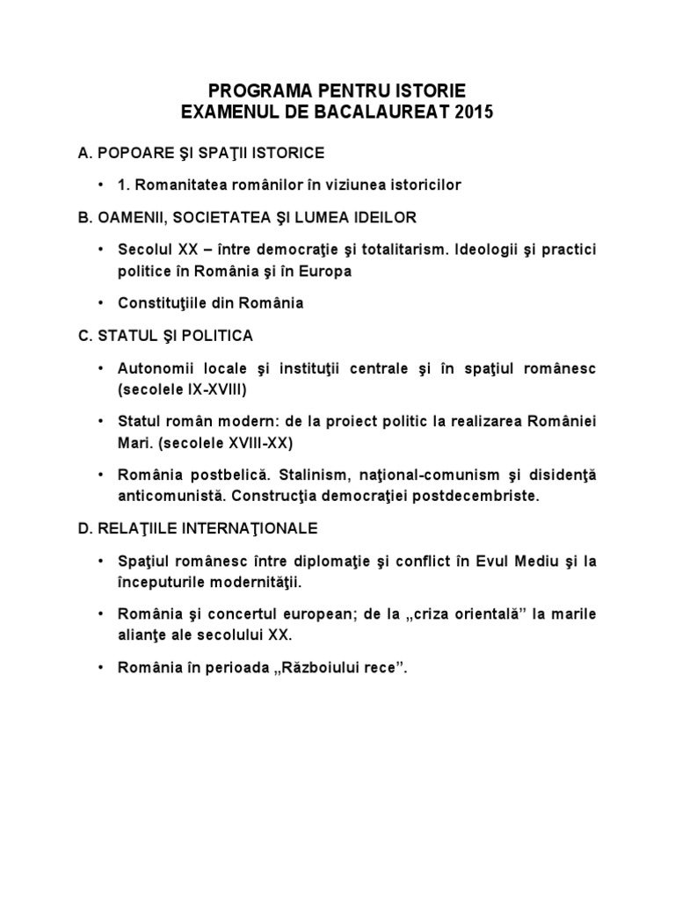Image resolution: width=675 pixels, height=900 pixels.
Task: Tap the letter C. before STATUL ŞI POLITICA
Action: (x=84, y=336)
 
